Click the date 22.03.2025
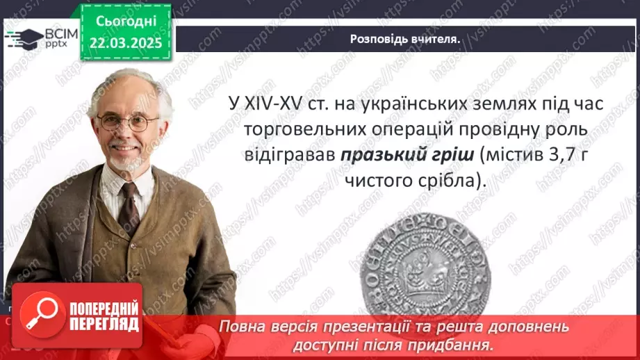pyautogui.click(x=125, y=43)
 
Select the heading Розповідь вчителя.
pyautogui.click(x=404, y=40)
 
